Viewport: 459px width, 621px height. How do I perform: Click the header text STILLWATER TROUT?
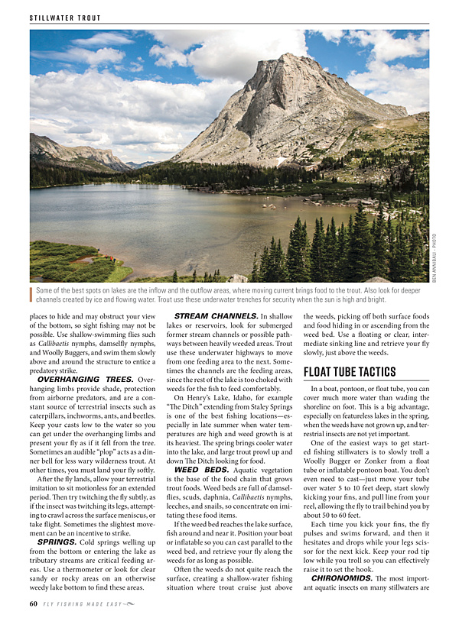point(65,18)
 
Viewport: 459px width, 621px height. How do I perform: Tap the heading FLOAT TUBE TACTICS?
point(350,372)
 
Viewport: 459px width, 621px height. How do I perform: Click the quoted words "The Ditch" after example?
point(185,406)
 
